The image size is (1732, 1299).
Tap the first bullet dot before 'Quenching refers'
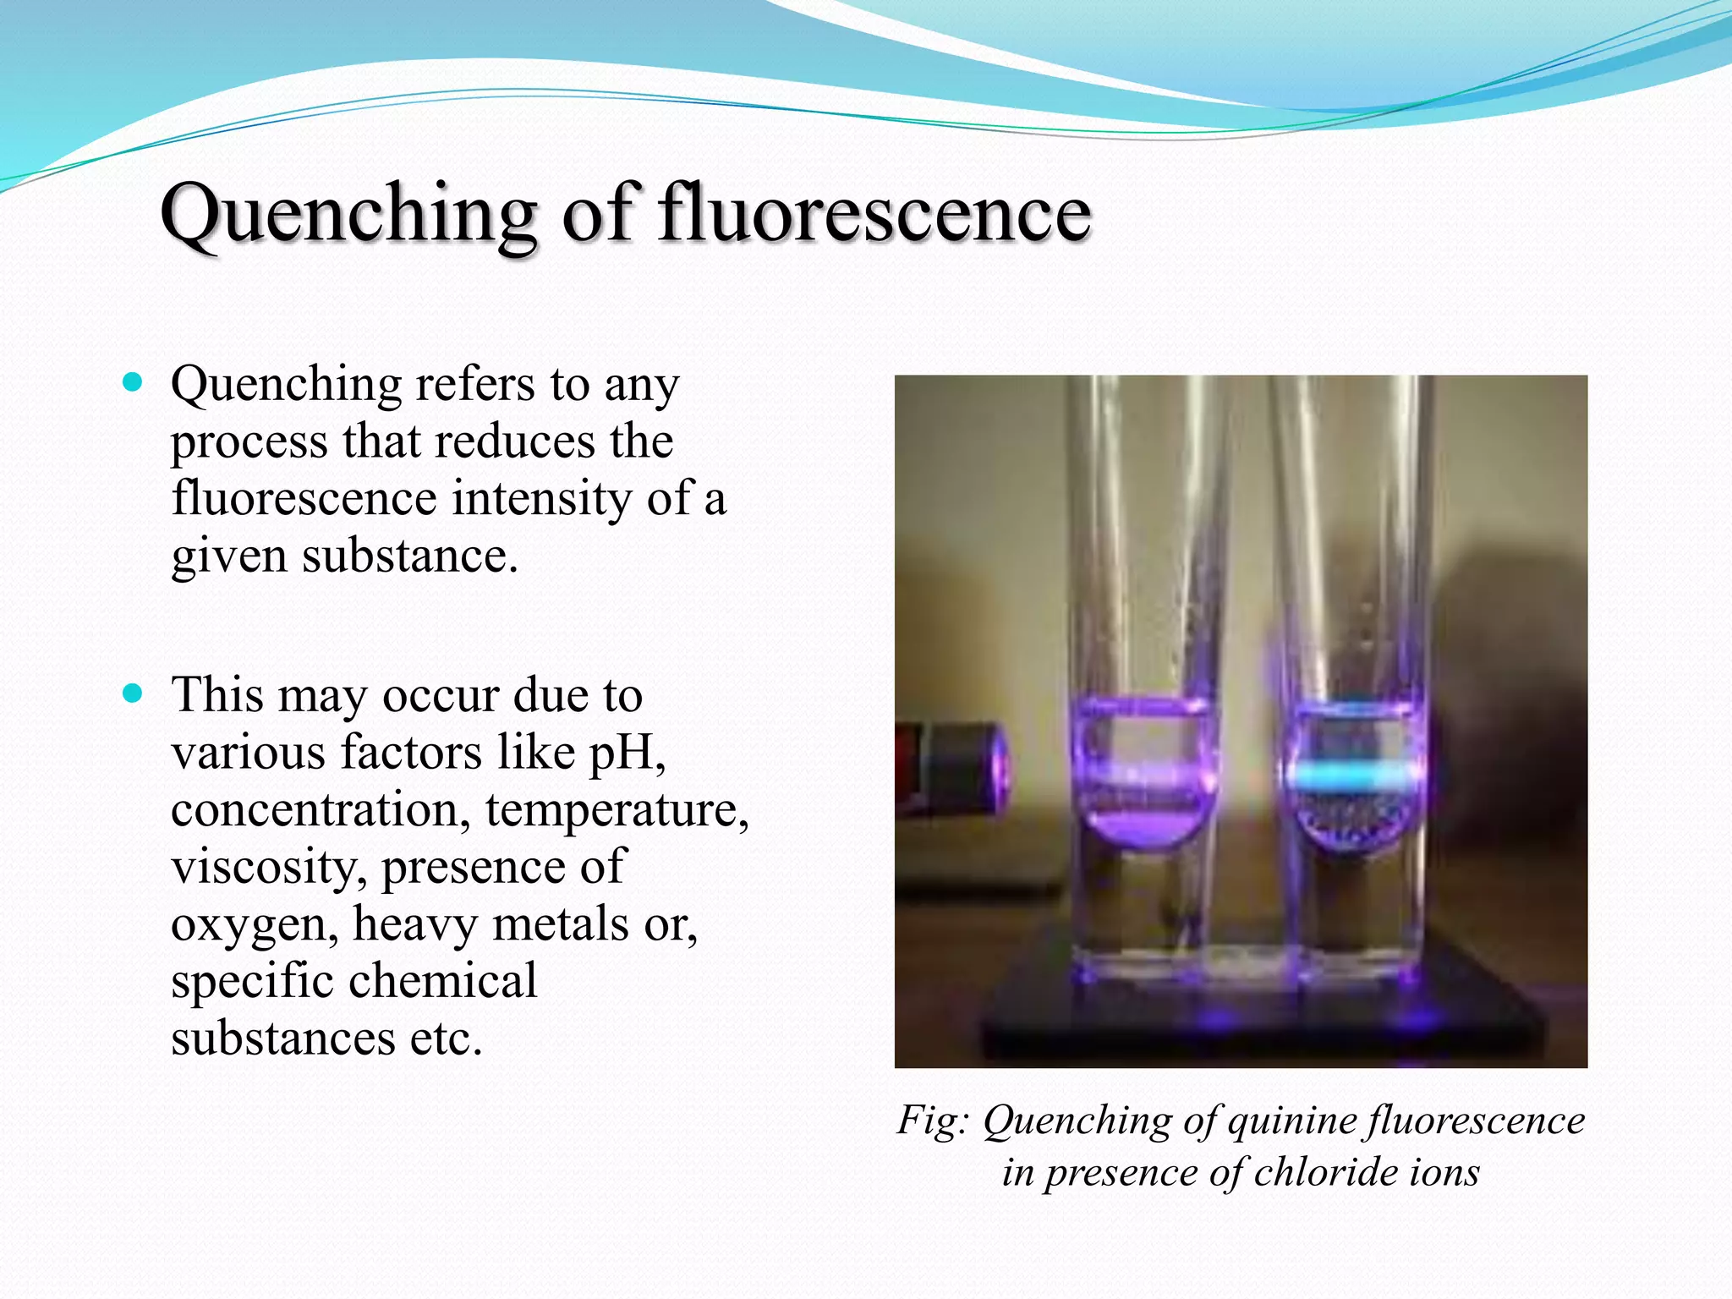(x=133, y=382)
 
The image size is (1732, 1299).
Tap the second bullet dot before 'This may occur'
(x=133, y=693)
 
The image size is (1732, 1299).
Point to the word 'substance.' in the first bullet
(x=409, y=556)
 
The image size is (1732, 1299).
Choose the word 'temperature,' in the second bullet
(x=617, y=808)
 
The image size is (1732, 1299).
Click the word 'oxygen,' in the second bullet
(x=255, y=924)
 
